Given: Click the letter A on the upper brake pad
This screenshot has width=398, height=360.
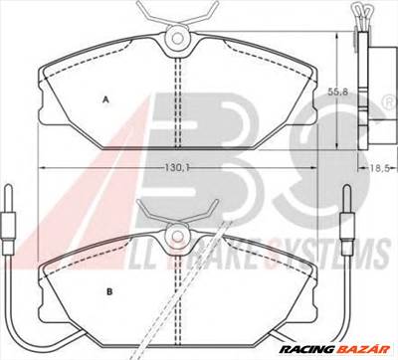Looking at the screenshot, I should pos(104,98).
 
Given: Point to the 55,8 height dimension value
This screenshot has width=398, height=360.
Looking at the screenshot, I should pos(339,90).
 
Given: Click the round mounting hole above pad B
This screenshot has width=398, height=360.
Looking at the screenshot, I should pos(176,235).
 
